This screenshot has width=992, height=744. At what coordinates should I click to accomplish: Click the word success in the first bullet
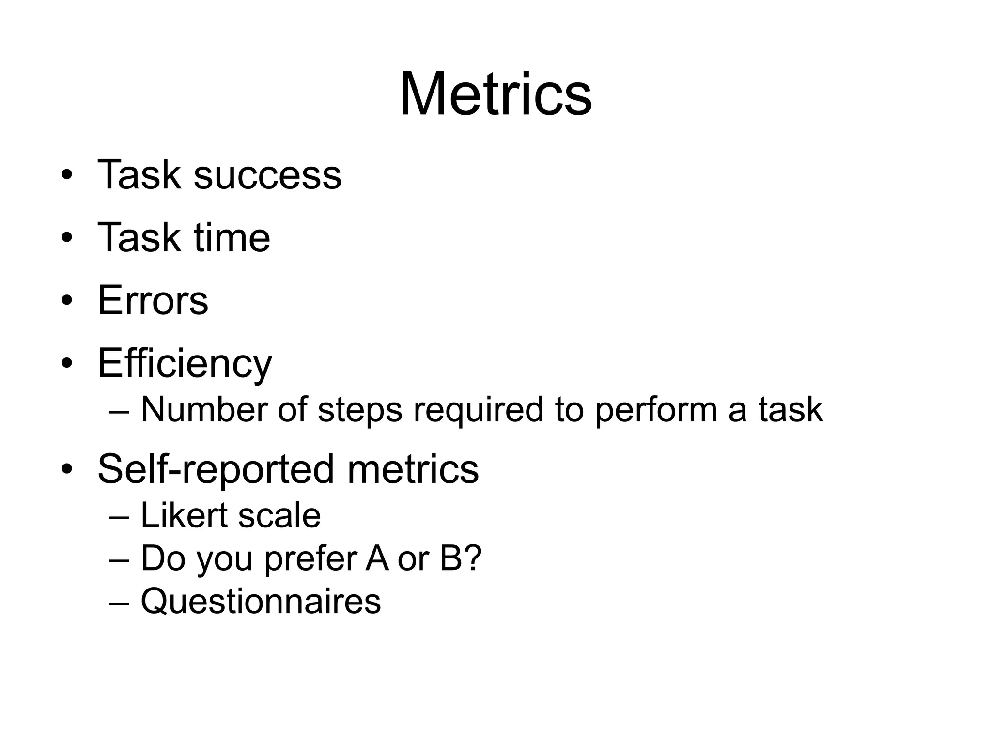click(x=267, y=175)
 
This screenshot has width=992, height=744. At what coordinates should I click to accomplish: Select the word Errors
click(x=153, y=300)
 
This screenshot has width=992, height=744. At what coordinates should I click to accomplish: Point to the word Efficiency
click(x=185, y=363)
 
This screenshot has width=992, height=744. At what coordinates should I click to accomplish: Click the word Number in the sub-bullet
click(x=204, y=410)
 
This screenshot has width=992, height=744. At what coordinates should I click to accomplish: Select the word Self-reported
click(x=216, y=469)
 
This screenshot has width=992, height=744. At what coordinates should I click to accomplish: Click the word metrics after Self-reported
click(x=413, y=469)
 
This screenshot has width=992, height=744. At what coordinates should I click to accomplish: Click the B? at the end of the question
click(x=461, y=558)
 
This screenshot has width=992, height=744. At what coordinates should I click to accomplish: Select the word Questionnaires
click(x=261, y=601)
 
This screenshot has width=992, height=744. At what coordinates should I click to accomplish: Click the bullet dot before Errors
click(x=67, y=300)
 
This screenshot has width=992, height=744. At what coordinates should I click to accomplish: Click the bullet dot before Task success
click(x=67, y=175)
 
